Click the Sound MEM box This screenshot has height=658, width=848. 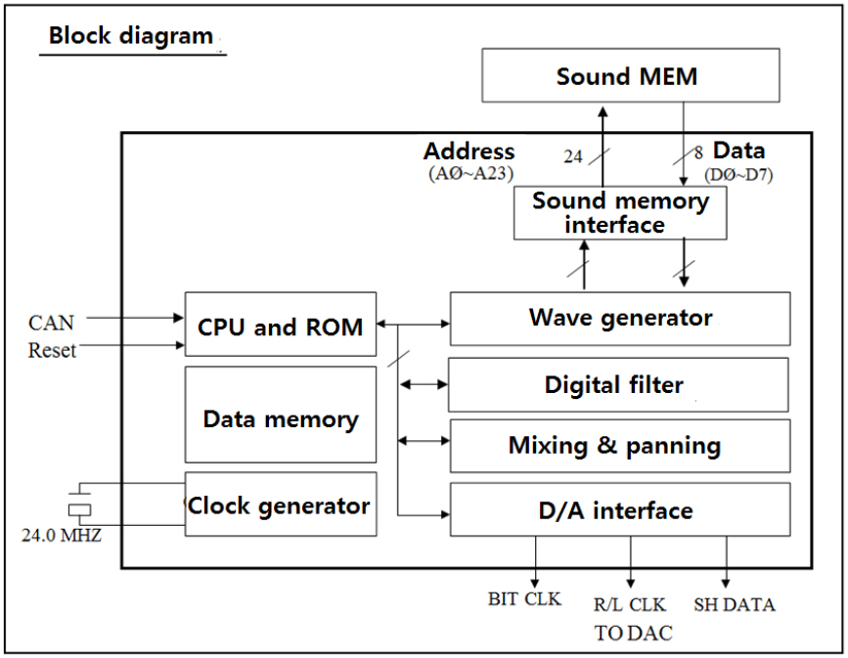tap(631, 76)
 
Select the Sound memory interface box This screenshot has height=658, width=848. tap(620, 212)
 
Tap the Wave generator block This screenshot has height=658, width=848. tap(620, 318)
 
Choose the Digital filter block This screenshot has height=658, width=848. tap(618, 384)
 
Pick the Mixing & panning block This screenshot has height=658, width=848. tap(619, 446)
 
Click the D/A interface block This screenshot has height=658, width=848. tap(619, 510)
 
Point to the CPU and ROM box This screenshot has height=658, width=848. tap(281, 326)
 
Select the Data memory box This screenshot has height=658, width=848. tap(281, 419)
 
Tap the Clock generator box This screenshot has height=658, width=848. tap(281, 504)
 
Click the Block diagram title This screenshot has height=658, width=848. tap(131, 37)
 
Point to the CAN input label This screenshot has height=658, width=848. tap(51, 322)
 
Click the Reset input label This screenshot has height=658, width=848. tap(52, 349)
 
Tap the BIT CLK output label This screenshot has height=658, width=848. tap(524, 598)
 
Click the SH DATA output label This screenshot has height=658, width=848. tap(734, 604)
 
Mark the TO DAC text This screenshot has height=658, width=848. tap(633, 633)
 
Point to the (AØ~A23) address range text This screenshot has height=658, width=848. tap(471, 173)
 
